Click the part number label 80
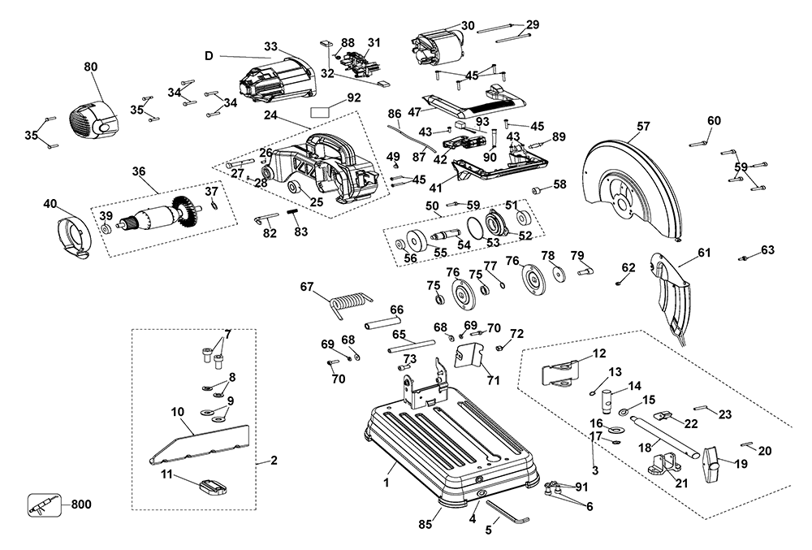[x=90, y=67]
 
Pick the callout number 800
[x=80, y=504]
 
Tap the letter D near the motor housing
[x=209, y=55]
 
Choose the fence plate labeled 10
[x=198, y=442]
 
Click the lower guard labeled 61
[x=672, y=297]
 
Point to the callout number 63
[x=767, y=249]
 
